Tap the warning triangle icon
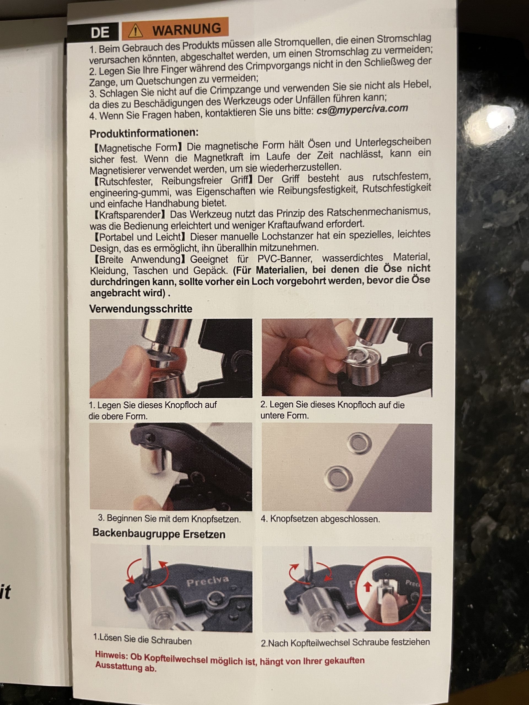tap(135, 31)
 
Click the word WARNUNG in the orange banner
tap(186, 29)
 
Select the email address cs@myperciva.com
tap(362, 109)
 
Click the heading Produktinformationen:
tap(144, 133)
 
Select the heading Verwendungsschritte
tap(141, 308)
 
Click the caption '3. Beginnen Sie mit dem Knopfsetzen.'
tap(169, 519)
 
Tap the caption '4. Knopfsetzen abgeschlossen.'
tap(320, 519)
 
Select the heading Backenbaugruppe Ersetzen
tap(159, 534)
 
